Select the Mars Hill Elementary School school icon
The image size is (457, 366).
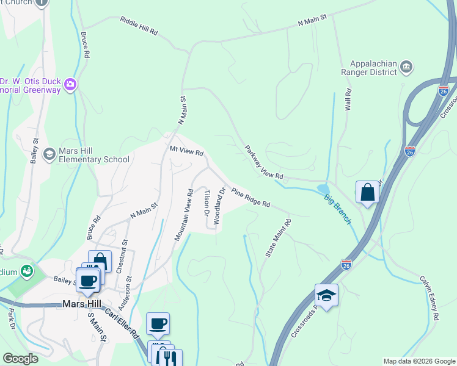coord(49,154)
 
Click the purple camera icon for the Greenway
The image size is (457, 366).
coord(71,84)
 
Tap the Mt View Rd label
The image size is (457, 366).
coord(186,151)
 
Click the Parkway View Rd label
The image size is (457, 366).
coord(264,162)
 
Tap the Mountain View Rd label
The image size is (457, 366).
coord(183,214)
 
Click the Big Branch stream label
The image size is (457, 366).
coord(337,209)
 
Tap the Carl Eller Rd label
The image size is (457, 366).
coord(121,321)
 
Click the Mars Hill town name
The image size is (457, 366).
coord(81,304)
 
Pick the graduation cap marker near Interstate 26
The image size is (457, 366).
coord(327,295)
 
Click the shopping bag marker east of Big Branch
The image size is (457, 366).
coord(368,192)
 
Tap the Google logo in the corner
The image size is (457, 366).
coord(20,359)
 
